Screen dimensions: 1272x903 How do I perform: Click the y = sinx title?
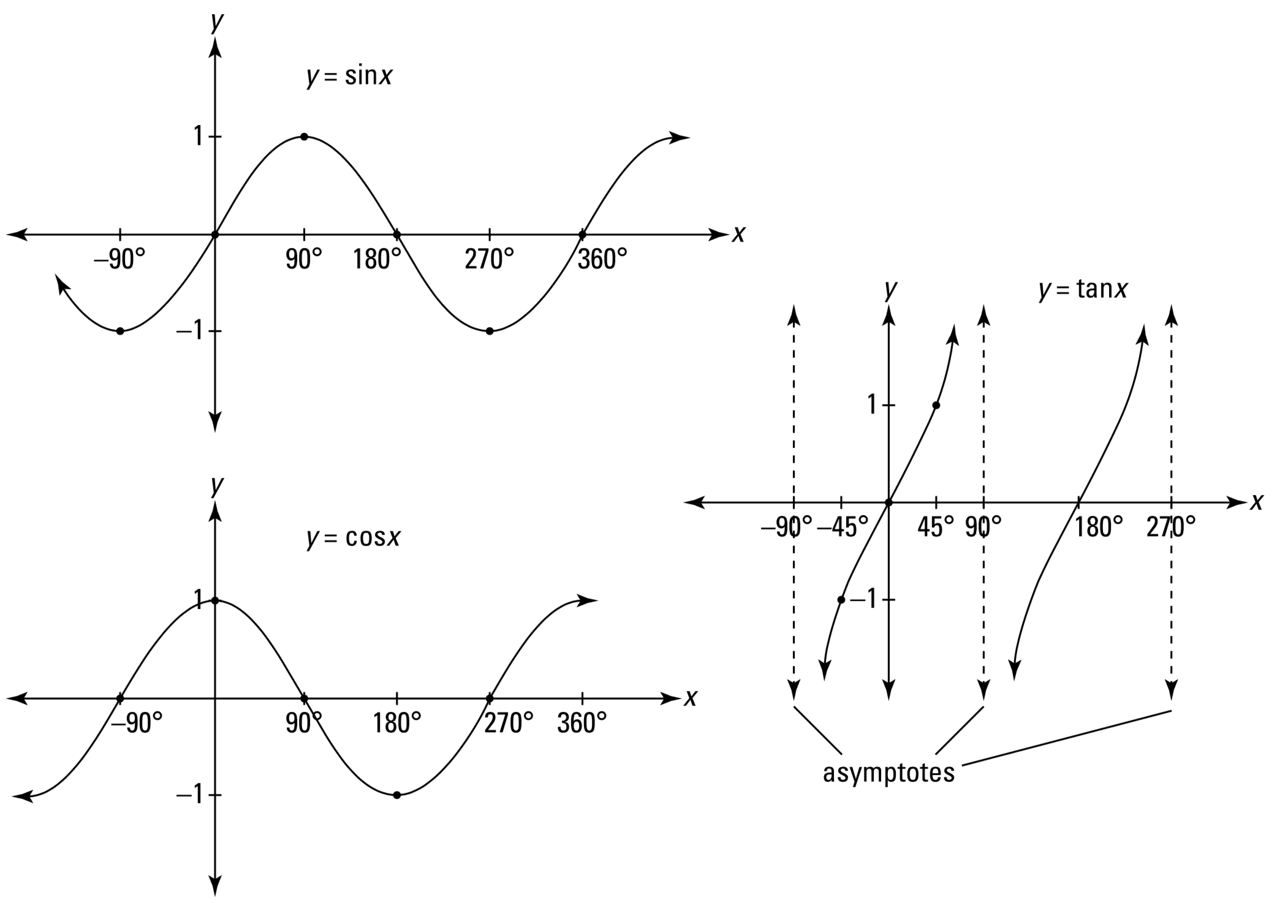click(349, 78)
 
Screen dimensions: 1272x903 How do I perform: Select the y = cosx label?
click(354, 538)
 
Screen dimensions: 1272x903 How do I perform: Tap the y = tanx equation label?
click(1083, 289)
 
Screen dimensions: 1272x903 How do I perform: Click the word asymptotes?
click(888, 773)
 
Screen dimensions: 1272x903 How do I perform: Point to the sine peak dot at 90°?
click(304, 137)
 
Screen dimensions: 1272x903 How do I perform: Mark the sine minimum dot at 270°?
click(490, 331)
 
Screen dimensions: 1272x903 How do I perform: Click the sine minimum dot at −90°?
click(120, 331)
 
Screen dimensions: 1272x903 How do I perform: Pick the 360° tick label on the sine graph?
click(602, 260)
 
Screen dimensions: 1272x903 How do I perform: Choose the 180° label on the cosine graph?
click(397, 724)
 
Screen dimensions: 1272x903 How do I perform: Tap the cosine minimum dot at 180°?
click(397, 795)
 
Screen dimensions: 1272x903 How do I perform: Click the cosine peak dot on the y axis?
click(214, 600)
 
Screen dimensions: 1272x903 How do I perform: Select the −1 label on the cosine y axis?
click(190, 795)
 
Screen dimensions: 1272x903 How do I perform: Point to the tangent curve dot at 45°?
click(936, 405)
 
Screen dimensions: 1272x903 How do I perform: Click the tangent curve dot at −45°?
click(841, 600)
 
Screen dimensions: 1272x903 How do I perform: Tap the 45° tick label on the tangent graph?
click(936, 527)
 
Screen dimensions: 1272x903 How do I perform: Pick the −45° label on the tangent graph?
click(842, 527)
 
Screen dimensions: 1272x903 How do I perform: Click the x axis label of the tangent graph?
click(1257, 502)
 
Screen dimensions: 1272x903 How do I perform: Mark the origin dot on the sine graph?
click(214, 235)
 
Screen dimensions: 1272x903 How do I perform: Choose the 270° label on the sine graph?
click(489, 260)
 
